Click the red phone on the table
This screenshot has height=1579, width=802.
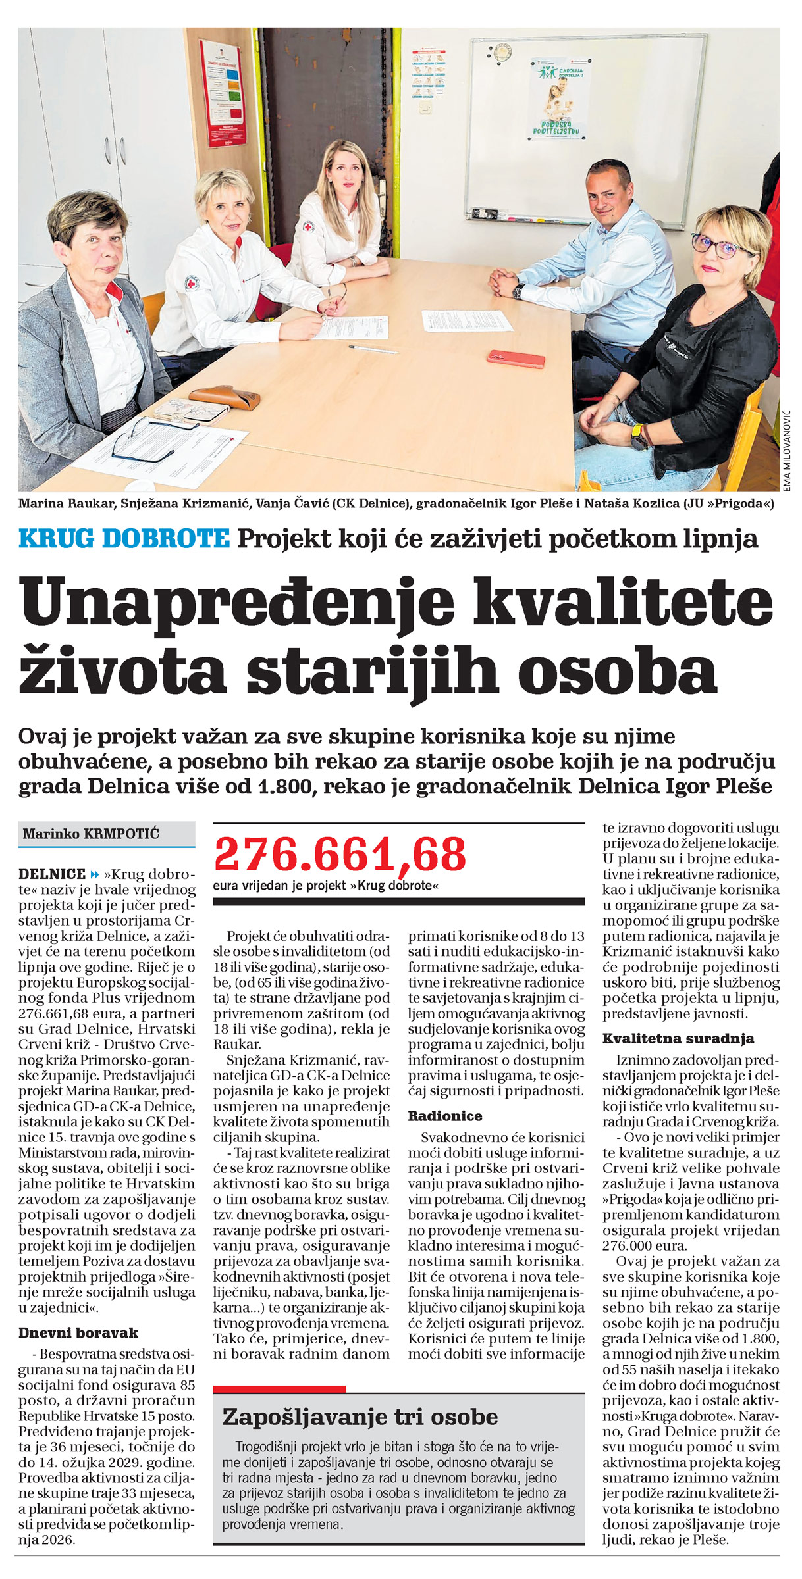(516, 359)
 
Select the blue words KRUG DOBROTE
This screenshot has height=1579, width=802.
(124, 539)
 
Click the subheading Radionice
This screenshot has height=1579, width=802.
(445, 1116)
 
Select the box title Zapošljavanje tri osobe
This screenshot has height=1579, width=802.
(360, 1416)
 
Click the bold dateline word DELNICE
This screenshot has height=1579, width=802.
(52, 874)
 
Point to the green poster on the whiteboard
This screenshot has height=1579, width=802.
(560, 99)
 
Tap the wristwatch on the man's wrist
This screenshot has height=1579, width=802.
(518, 290)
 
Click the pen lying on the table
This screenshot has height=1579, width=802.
(373, 349)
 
